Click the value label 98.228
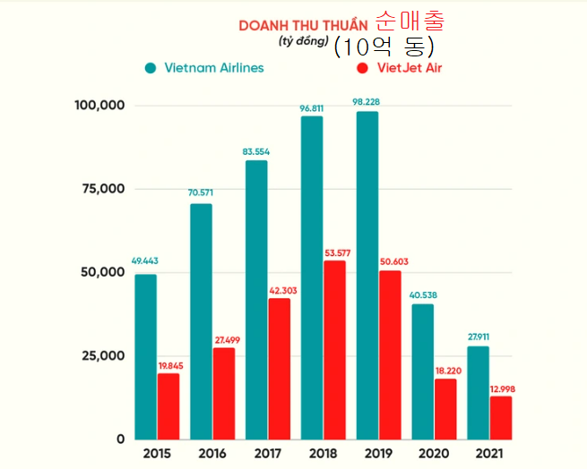pyautogui.click(x=367, y=103)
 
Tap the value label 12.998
pyautogui.click(x=501, y=388)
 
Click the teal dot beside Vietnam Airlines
pyautogui.click(x=151, y=68)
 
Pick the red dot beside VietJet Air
pyautogui.click(x=362, y=68)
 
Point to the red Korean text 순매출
pyautogui.click(x=410, y=21)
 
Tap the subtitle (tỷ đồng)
pyautogui.click(x=297, y=41)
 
